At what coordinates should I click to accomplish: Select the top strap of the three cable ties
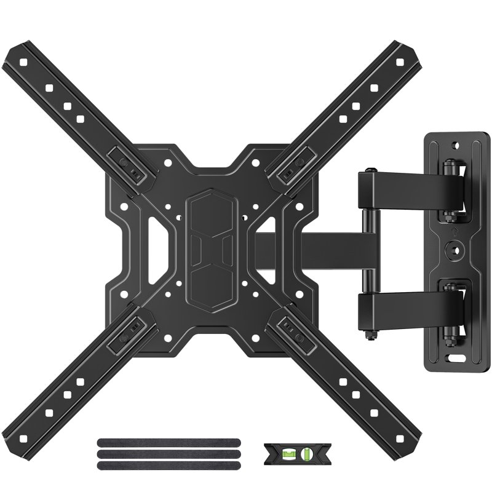[168, 442]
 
